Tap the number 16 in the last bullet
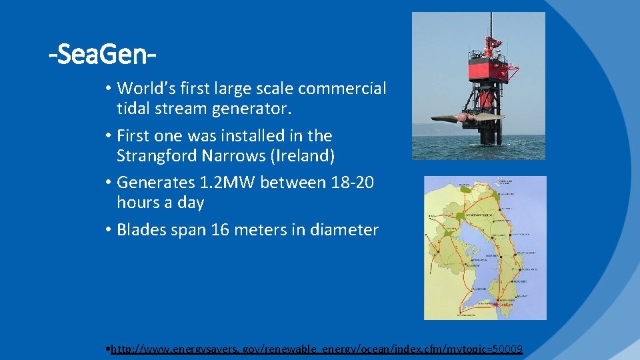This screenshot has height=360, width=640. [x=220, y=230]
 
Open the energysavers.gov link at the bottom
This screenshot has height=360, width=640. [x=317, y=349]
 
